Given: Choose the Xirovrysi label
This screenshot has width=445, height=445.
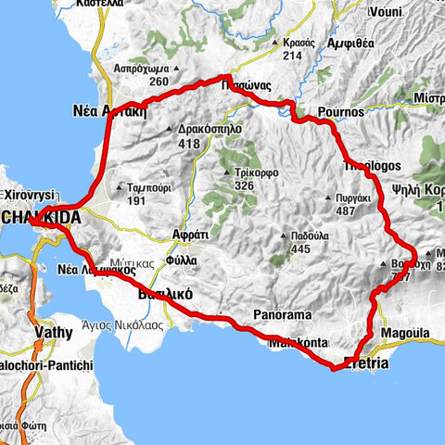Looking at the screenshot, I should click(31, 196).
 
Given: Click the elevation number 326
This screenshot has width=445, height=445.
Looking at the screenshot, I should click(245, 186).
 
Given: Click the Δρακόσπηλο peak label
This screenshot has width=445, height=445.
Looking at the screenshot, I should click(209, 131).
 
